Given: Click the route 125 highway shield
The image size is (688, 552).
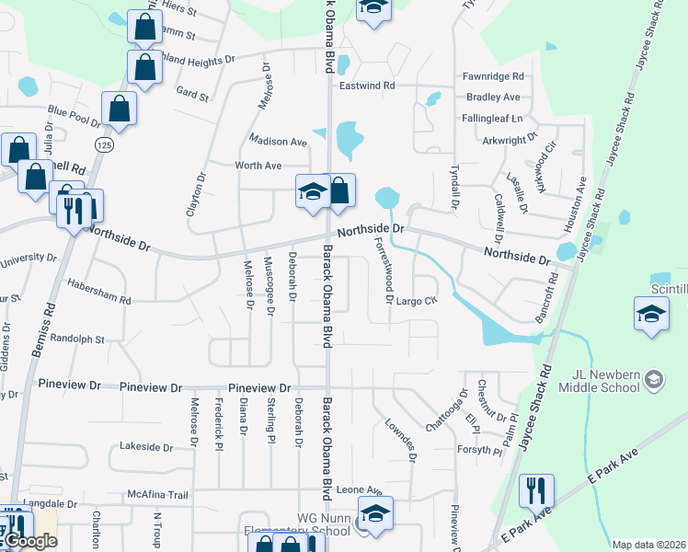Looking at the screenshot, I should click(x=103, y=145).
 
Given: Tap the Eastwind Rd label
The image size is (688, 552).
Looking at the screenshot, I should click(x=367, y=86).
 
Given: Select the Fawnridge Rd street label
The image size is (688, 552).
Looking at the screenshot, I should click(x=494, y=76).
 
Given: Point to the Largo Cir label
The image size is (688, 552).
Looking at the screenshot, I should click(x=416, y=301).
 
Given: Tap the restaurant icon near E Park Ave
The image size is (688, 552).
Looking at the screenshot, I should click(x=535, y=491).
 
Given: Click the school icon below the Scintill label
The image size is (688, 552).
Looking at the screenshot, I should click(x=651, y=316).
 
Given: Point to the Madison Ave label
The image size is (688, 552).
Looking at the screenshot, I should click(x=279, y=142).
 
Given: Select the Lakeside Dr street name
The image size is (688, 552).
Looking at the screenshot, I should click(x=146, y=447).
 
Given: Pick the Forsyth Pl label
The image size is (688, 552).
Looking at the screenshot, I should click(x=480, y=451).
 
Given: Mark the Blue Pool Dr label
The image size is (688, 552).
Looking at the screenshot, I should click(x=75, y=117).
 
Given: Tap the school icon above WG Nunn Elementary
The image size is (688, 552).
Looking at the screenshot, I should click(x=374, y=515).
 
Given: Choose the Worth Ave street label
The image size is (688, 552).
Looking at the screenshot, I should click(x=258, y=166).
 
